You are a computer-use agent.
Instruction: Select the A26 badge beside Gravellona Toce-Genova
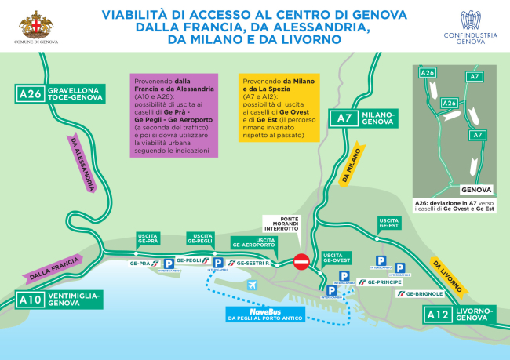click(x=31, y=95)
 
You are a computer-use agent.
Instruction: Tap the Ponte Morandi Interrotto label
click(x=283, y=224)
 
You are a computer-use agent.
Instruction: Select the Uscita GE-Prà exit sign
click(x=148, y=238)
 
